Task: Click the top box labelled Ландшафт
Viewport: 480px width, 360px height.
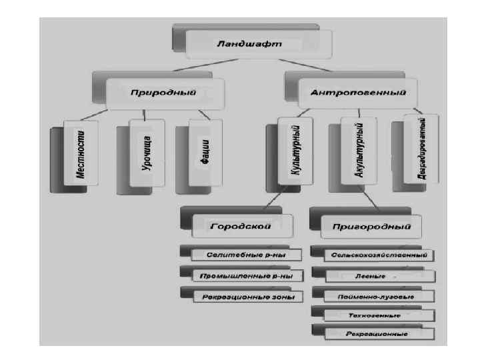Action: (248, 44)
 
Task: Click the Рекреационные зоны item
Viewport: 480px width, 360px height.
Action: (246, 295)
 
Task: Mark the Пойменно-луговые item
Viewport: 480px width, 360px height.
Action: (378, 295)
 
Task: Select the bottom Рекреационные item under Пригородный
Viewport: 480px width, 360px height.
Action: (378, 333)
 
